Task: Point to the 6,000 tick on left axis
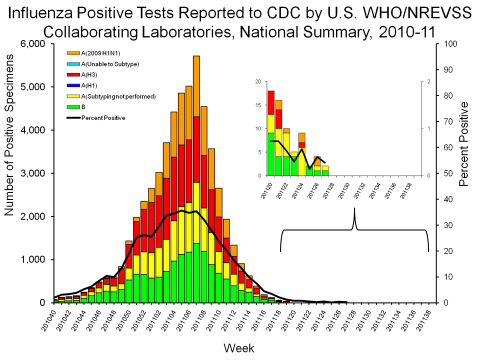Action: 33,44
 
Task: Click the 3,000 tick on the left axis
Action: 33,173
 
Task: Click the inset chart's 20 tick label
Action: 257,81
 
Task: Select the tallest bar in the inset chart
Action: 270,133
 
